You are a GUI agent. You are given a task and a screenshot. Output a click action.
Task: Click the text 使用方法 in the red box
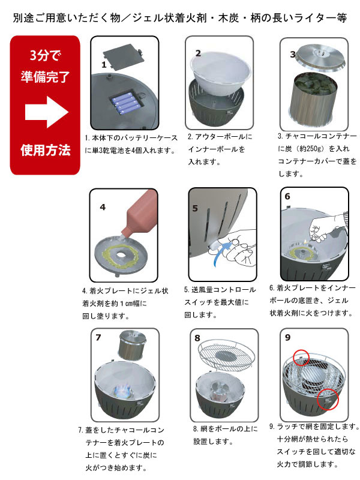tap(45, 149)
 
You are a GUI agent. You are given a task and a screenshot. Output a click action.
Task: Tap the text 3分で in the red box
tap(45, 57)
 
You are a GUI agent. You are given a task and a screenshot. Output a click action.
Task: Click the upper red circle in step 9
tap(301, 357)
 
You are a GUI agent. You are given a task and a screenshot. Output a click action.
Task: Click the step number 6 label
tap(287, 196)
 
